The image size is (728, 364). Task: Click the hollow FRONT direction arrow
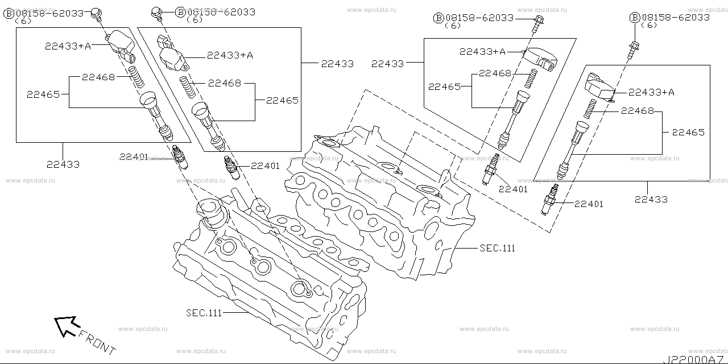[x=67, y=326]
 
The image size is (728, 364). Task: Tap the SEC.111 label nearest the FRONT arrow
[x=204, y=313]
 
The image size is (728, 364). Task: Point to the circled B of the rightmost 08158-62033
[x=634, y=18]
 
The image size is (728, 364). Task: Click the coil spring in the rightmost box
[x=590, y=109]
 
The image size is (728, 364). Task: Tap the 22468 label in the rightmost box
[x=637, y=111]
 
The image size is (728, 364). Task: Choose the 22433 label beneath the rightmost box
[x=651, y=199]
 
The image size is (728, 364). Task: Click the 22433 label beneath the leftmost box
[x=63, y=164]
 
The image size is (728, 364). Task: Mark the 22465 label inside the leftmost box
[x=43, y=94]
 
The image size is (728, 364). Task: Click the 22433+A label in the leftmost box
[x=68, y=46]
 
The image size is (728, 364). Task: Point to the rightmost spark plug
[x=550, y=199]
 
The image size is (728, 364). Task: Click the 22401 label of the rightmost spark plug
[x=589, y=204]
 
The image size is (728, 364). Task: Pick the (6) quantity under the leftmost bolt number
[x=23, y=21]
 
